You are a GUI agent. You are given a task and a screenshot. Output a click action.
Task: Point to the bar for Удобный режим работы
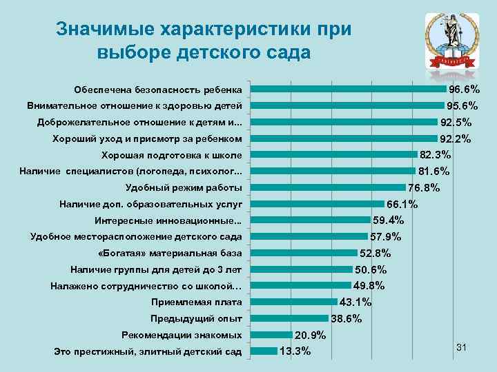[328, 187]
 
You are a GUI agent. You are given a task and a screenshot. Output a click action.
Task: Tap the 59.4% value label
[388, 220]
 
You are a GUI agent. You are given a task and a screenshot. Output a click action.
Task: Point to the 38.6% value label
[347, 319]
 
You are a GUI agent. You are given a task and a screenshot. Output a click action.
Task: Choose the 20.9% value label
[310, 335]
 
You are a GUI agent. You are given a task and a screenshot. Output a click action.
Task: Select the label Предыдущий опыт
[196, 318]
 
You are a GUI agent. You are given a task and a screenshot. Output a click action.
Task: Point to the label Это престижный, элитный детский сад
[148, 352]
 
